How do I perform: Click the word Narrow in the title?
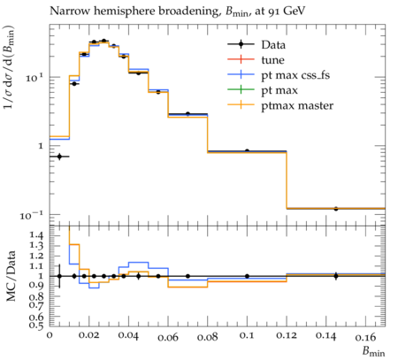pos(65,11)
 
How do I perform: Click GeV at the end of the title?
pos(294,11)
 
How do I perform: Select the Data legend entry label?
pos(273,45)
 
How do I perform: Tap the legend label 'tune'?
pos(272,60)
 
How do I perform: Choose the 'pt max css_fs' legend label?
pos(295,75)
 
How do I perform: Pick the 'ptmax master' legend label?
pos(297,105)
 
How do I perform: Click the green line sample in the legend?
pos(241,89)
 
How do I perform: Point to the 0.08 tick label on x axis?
pos(207,336)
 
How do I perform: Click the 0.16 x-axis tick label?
pos(365,336)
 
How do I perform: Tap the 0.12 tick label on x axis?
pos(287,336)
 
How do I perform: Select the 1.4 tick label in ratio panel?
pos(36,235)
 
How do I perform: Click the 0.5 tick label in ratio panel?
pos(36,325)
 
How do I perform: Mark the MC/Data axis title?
pos(11,276)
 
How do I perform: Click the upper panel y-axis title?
pos(9,67)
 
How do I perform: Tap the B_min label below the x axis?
pos(373,351)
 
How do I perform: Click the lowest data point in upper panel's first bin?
pos(59,157)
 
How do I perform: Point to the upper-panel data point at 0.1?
pos(247,151)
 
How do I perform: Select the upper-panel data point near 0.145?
pos(336,209)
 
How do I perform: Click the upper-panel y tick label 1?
pos(41,146)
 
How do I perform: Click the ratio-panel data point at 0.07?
pos(188,276)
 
